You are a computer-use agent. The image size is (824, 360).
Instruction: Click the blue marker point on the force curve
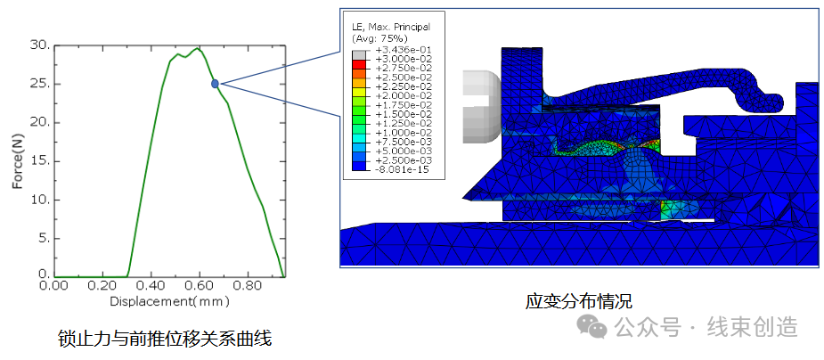coord(215,84)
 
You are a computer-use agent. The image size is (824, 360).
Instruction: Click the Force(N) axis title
coord(17,160)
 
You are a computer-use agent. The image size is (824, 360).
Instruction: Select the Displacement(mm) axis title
coord(164,301)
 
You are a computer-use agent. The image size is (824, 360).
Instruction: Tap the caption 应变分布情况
coord(578,301)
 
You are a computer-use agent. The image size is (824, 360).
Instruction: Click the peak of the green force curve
coord(198,48)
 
